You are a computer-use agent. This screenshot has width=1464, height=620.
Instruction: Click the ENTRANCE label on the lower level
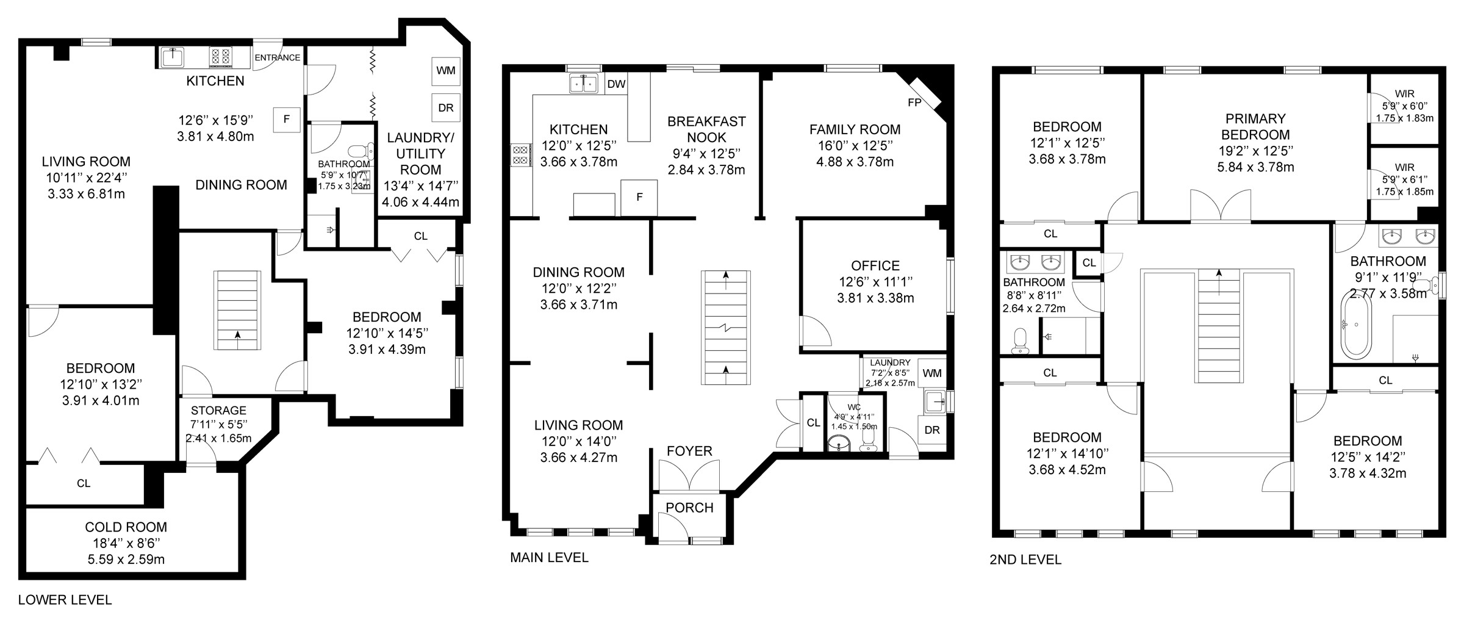point(278,58)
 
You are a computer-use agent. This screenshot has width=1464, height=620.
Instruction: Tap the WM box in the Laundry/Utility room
point(446,70)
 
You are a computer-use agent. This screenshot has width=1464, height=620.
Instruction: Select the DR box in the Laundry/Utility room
point(446,107)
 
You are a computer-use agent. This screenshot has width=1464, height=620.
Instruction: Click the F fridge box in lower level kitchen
point(287,120)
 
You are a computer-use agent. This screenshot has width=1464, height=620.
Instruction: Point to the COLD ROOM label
point(126,527)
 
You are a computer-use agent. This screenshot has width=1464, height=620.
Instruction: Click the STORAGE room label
point(218,411)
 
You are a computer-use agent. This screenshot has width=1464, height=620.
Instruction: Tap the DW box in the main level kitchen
point(617,84)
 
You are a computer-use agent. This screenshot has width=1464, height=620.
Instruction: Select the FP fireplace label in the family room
point(914,103)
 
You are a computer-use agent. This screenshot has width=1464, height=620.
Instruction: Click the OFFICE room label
point(875,266)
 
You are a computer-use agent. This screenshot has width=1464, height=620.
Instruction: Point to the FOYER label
point(689,451)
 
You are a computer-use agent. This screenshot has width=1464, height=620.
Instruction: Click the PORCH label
point(689,508)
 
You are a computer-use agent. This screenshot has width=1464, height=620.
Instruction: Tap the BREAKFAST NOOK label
point(706,129)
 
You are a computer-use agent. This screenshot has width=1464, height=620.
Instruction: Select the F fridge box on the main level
point(639,198)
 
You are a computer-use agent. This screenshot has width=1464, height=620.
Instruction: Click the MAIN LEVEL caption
point(549,557)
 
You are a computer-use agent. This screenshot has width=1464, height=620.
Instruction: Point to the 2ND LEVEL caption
point(1025,560)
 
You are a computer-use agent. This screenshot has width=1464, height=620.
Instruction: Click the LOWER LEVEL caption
point(65,600)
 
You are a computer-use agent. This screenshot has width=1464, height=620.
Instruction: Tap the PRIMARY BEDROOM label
point(1255,126)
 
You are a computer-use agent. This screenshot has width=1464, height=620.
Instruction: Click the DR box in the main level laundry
point(932,430)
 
